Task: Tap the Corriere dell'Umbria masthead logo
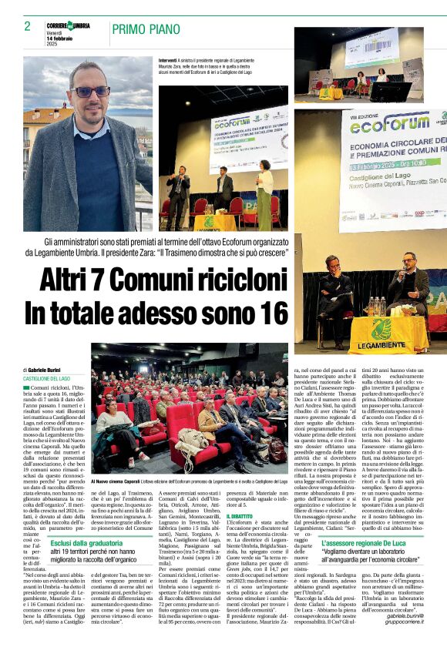(68, 25)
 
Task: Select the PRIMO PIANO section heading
(146, 30)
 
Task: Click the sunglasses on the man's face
(90, 91)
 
